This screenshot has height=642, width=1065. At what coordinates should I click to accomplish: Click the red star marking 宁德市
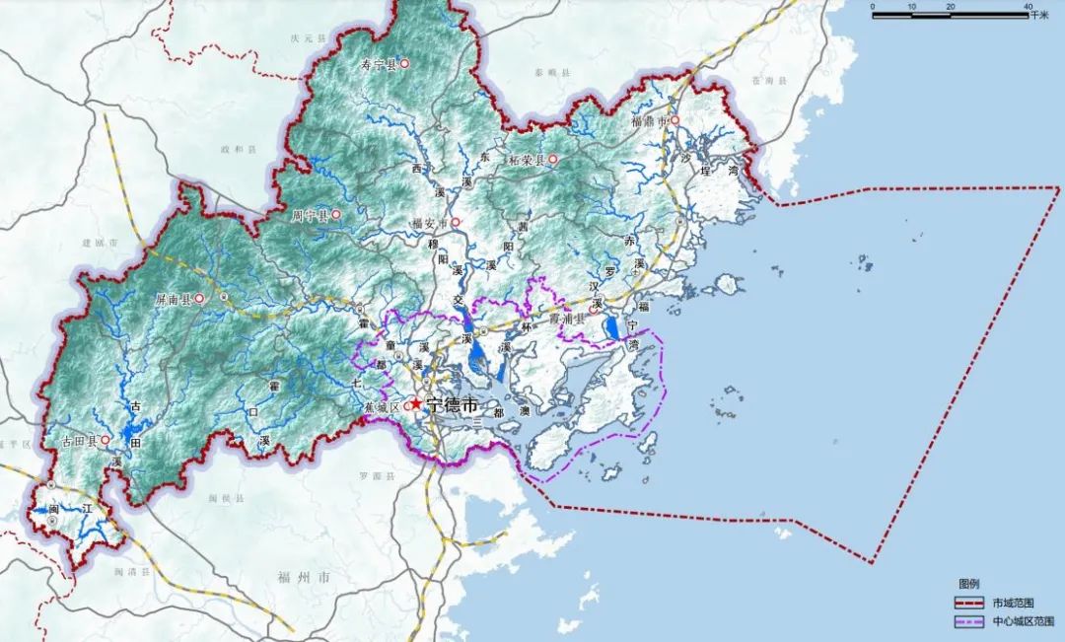click(x=416, y=403)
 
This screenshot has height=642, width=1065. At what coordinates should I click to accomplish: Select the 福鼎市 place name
click(x=650, y=121)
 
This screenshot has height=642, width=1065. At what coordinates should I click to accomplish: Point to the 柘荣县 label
click(x=527, y=159)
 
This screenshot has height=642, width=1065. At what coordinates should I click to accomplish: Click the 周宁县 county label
click(x=310, y=214)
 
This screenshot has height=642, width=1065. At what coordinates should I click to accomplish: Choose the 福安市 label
click(x=430, y=223)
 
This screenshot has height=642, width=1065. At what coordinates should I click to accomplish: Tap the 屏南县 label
click(x=173, y=298)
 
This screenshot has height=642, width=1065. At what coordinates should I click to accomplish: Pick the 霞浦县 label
click(x=569, y=318)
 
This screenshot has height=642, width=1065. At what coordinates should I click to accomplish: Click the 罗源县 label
click(x=376, y=475)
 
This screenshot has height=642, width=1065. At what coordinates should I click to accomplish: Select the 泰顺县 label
click(x=545, y=73)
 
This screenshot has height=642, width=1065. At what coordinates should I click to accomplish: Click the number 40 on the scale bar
click(x=1029, y=7)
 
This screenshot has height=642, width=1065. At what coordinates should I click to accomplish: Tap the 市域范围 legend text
click(x=1015, y=602)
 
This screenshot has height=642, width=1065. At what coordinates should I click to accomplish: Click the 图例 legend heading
click(x=968, y=584)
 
